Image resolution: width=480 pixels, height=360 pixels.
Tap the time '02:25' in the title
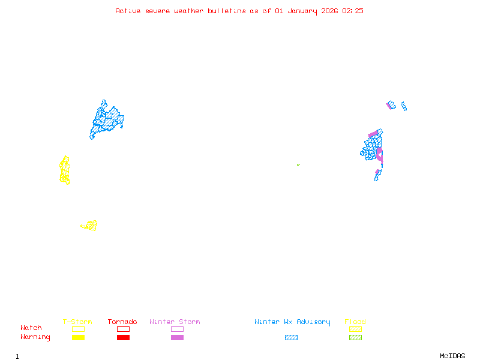point(353,11)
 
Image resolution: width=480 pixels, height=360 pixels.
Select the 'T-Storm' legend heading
point(77,322)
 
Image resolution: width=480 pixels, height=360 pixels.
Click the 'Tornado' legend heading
point(122,322)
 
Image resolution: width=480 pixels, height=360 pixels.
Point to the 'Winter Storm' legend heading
point(175,322)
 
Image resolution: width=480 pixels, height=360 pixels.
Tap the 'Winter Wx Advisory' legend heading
point(292,322)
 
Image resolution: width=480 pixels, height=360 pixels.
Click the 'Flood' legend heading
point(355,322)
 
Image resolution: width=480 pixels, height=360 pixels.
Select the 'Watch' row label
point(31,328)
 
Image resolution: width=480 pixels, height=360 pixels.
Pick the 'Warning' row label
point(35,337)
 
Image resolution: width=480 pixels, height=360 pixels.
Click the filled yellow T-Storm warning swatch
point(78,338)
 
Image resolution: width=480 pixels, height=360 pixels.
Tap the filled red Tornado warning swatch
point(123,338)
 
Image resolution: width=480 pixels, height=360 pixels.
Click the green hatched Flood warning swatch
point(355,338)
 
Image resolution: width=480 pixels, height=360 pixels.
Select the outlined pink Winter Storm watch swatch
point(177,329)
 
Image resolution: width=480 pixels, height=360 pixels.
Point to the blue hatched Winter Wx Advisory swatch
point(291,338)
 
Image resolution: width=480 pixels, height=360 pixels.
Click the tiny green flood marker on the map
point(298,164)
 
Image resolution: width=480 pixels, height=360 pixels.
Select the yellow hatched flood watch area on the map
point(90,226)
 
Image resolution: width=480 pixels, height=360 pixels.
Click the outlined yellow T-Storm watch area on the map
point(65,170)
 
